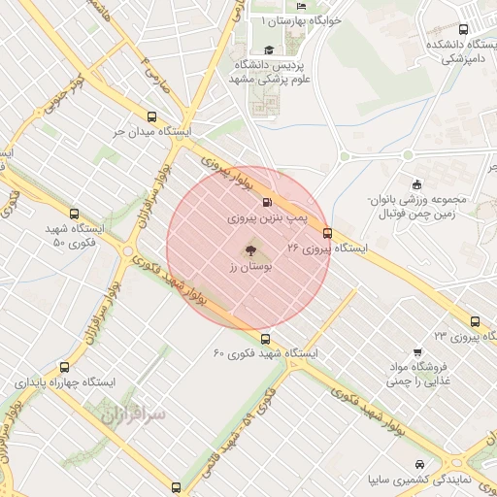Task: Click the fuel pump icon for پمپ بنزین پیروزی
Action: click(267, 204)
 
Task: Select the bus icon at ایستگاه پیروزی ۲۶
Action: click(327, 233)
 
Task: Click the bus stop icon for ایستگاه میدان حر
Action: click(151, 115)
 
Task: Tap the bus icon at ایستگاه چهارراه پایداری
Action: click(65, 367)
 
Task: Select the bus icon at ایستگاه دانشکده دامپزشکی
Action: click(462, 29)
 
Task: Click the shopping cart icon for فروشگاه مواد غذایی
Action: click(417, 351)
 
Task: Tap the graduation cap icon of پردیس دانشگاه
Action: click(268, 50)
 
